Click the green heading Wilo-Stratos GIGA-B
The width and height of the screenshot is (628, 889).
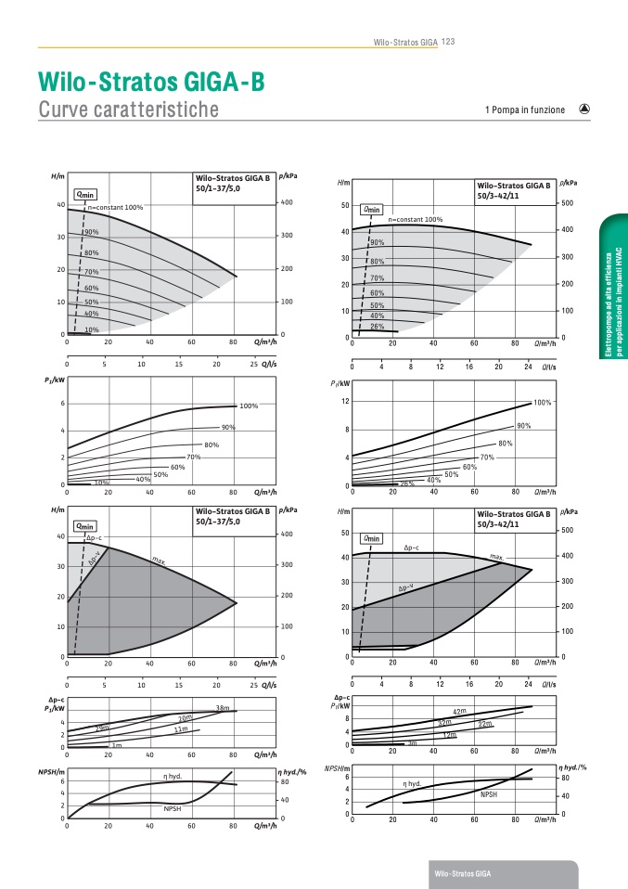point(151,83)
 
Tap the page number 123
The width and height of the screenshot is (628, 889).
point(448,41)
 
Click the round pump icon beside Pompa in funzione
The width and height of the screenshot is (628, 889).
point(584,109)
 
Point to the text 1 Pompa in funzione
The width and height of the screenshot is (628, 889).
point(524,110)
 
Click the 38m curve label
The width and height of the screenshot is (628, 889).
point(222,709)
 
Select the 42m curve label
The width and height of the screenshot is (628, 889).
point(458,712)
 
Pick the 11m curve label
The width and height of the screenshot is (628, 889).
point(181,730)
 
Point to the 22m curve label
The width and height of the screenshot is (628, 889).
point(484,723)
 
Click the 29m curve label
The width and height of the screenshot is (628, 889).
point(102,728)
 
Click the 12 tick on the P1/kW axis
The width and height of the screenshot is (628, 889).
point(344,401)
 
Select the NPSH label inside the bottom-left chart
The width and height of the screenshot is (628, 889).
point(173,809)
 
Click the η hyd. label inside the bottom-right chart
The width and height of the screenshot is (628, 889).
point(412,783)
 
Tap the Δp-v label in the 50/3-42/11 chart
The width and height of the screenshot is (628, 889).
point(405,587)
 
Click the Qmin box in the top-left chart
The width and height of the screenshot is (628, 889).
point(85,194)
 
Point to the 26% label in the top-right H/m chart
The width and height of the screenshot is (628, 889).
point(378,327)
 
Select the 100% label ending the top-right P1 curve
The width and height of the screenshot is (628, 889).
point(543,403)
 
